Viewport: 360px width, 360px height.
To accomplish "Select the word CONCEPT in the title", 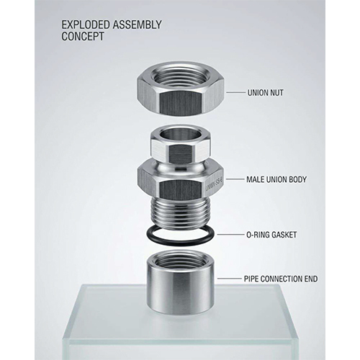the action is pos(83,37).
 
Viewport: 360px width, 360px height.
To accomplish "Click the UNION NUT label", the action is pos(265,93).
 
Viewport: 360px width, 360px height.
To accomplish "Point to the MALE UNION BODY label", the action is pos(276,179).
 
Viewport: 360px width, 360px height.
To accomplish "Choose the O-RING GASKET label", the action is pos(271,235).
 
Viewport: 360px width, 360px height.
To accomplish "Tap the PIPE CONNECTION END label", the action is pos(281,279).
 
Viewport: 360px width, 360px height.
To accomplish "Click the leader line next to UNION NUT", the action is pos(236,92).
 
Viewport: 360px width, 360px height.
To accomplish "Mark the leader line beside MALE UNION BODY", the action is pos(234,179).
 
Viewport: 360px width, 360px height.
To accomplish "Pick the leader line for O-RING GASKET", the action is pos(230,234).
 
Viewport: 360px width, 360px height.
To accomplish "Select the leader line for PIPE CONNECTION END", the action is pos(230,279).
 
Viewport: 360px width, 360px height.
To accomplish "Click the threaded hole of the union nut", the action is pos(180,75).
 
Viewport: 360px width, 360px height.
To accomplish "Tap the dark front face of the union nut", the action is pos(181,103).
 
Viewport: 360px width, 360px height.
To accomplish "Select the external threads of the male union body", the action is pos(181,211).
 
